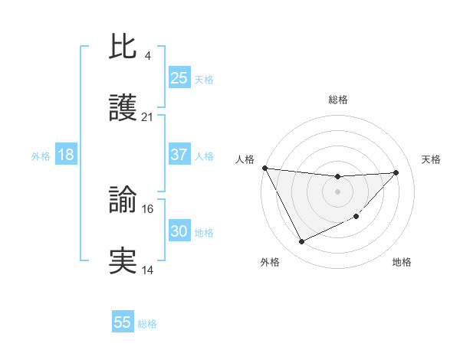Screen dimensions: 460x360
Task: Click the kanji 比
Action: click(123, 47)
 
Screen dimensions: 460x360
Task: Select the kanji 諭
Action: click(123, 201)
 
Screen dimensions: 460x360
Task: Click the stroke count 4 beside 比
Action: click(147, 56)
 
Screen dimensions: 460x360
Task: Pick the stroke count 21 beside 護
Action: click(148, 117)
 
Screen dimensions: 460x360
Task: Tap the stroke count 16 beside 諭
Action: click(148, 208)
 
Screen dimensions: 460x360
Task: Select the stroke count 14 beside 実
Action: click(148, 270)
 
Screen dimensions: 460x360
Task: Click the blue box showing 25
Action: click(179, 78)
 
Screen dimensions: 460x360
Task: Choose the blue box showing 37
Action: click(179, 155)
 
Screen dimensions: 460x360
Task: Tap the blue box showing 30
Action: click(179, 231)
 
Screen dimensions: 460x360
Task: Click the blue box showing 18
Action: click(66, 155)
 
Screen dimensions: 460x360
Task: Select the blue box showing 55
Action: click(123, 322)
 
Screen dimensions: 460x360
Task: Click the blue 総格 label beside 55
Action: click(147, 324)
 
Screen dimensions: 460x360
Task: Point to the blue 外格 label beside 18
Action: click(41, 156)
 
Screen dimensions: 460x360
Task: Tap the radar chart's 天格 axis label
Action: click(432, 159)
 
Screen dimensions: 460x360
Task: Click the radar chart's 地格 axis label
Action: click(402, 262)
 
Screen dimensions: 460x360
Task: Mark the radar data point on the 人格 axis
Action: click(264, 168)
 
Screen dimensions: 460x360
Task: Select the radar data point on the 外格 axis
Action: click(301, 242)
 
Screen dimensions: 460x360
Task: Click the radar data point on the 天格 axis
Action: click(396, 172)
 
